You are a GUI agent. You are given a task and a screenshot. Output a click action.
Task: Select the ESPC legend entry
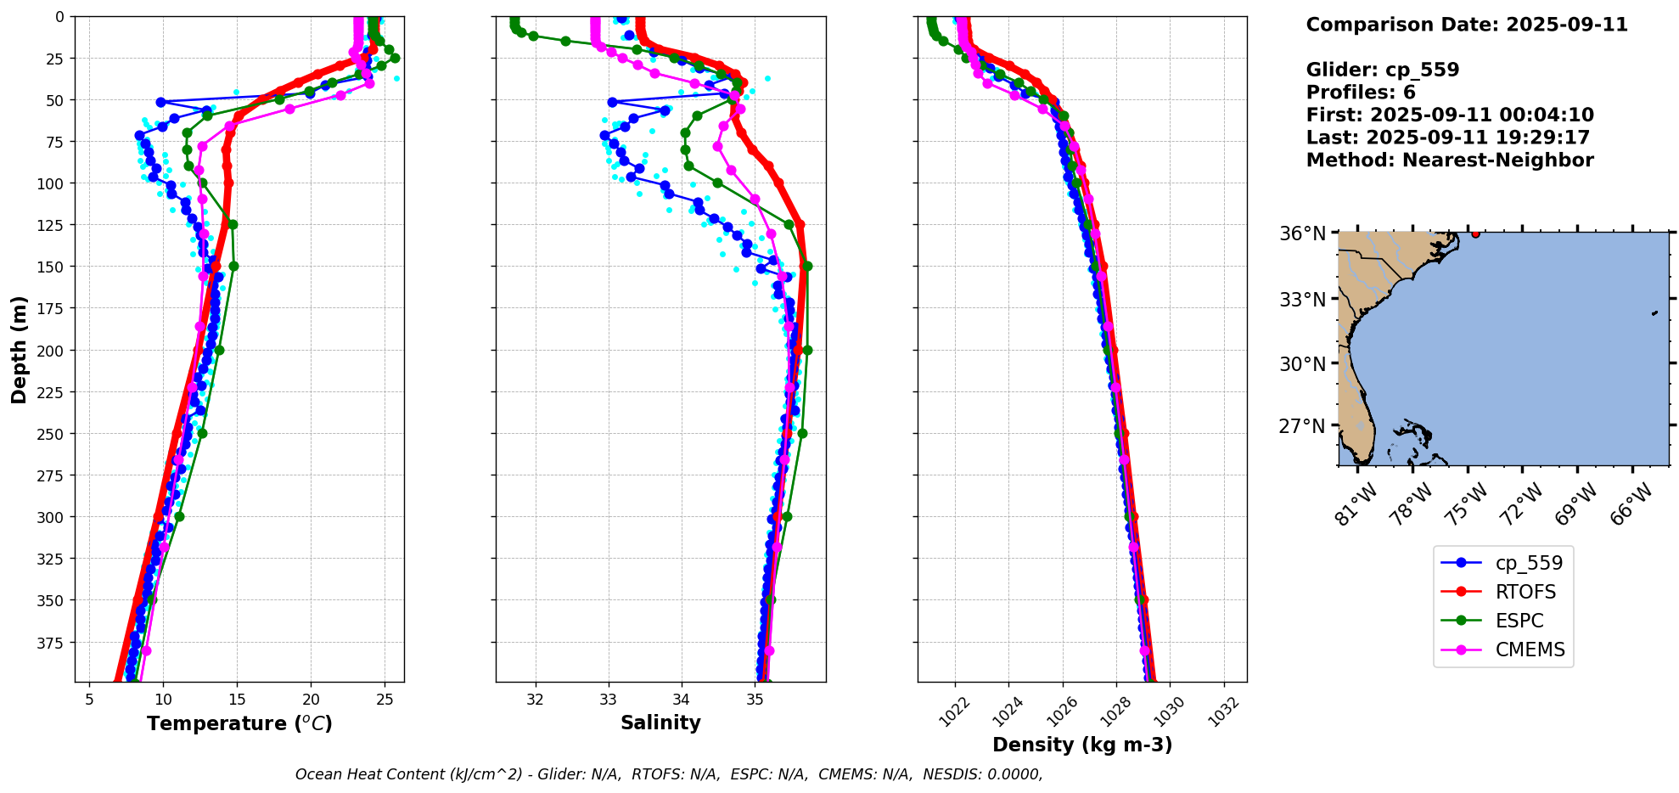[x=1519, y=621]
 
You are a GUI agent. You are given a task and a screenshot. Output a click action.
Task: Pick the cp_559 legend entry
[x=1528, y=563]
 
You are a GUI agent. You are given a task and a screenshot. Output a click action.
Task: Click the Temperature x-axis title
[x=239, y=723]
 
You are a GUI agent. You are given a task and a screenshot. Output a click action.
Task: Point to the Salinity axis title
[x=660, y=723]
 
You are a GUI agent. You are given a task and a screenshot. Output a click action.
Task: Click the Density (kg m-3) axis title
[x=1082, y=745]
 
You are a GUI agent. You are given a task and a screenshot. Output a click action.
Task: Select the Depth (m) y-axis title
[x=20, y=349]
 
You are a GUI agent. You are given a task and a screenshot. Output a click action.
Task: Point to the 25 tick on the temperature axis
[x=385, y=700]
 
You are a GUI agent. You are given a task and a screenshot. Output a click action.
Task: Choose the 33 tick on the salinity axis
[x=609, y=700]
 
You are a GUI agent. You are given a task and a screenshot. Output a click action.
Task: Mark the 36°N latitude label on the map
[x=1302, y=233]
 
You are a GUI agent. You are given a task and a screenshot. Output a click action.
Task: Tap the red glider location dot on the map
[x=1475, y=233]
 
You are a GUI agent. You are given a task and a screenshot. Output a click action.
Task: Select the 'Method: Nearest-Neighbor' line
[x=1449, y=160]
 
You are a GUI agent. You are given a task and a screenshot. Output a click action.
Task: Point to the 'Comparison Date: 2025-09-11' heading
[x=1466, y=25]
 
